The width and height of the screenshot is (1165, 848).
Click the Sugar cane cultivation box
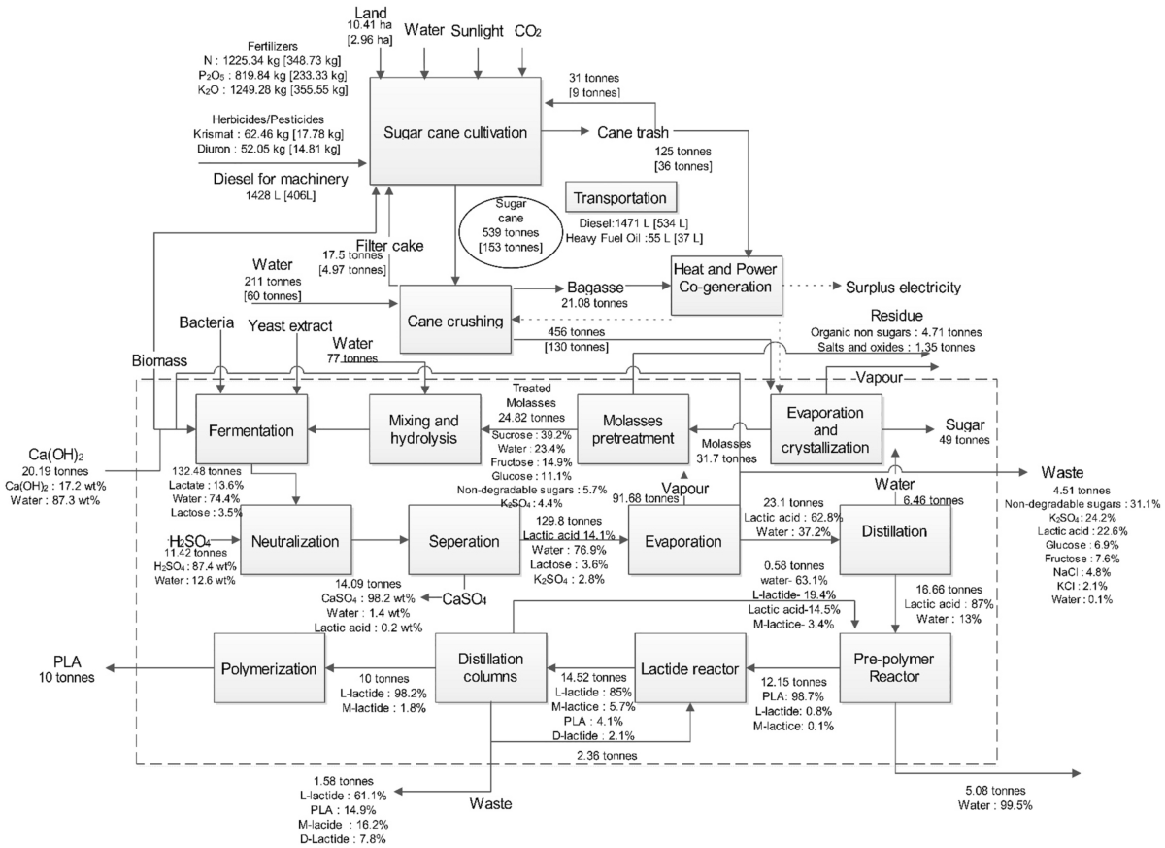click(x=454, y=132)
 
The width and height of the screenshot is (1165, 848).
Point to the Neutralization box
click(x=297, y=540)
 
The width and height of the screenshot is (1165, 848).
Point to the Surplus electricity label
click(x=903, y=288)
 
